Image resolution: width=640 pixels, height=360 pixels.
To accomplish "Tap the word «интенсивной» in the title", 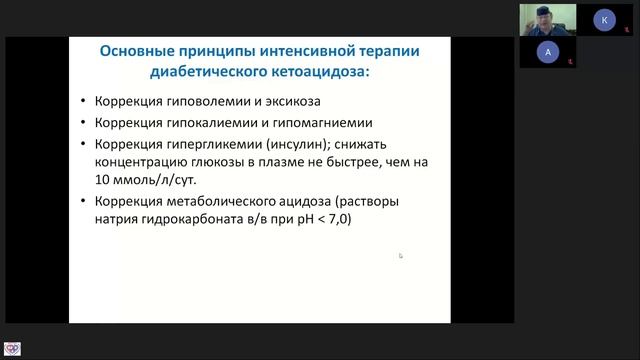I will [x=302, y=51].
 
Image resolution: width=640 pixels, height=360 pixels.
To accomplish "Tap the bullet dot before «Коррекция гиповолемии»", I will [x=81, y=104].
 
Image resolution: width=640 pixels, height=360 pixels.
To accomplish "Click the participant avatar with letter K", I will [x=604, y=19].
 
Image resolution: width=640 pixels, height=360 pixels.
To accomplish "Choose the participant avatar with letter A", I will [x=546, y=52].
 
